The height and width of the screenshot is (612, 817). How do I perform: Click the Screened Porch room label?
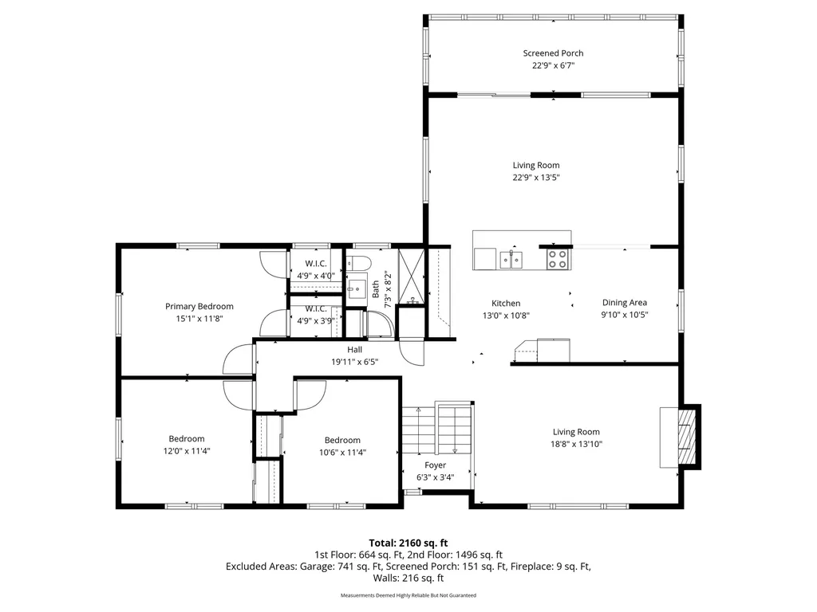(x=553, y=53)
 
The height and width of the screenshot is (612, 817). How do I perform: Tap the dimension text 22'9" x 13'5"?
(x=536, y=178)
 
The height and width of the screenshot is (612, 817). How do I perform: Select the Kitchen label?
(x=506, y=304)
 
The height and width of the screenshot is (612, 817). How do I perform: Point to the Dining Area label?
(x=625, y=302)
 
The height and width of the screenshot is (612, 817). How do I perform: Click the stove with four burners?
(x=557, y=259)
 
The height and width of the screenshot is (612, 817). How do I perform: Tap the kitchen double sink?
(x=511, y=260)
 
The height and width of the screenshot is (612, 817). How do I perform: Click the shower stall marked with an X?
(x=412, y=277)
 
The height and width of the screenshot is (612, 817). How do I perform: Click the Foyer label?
(x=435, y=465)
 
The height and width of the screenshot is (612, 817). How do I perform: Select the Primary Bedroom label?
(x=199, y=307)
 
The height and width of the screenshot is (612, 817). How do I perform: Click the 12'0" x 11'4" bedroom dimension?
(x=187, y=451)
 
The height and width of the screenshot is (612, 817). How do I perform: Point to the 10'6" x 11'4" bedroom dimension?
(x=342, y=453)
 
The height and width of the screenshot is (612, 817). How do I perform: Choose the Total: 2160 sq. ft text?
(x=408, y=543)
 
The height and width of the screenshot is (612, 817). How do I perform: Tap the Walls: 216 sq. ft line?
(x=408, y=579)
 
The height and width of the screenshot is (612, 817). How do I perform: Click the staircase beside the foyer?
(x=436, y=430)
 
